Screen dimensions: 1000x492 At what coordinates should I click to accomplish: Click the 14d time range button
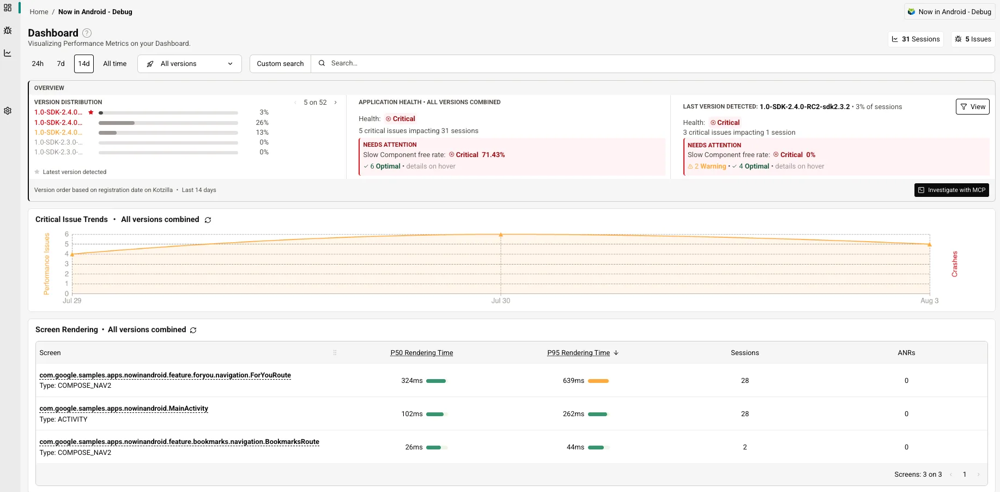click(x=84, y=64)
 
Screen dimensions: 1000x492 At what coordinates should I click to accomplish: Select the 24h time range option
click(x=38, y=64)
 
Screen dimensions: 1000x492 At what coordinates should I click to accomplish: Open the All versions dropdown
click(x=190, y=64)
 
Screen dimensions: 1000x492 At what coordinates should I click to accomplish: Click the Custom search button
click(x=280, y=64)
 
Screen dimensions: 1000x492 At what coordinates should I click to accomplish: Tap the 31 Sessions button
click(x=916, y=39)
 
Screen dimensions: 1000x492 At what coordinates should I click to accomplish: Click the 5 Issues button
click(x=973, y=39)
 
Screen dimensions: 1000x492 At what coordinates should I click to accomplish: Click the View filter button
click(x=973, y=107)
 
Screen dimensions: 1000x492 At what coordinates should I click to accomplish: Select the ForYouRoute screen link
click(x=165, y=375)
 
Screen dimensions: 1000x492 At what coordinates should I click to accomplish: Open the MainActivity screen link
click(x=124, y=409)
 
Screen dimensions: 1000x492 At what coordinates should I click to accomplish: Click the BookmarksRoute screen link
click(x=179, y=442)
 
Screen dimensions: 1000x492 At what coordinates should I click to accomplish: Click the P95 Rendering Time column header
click(x=579, y=353)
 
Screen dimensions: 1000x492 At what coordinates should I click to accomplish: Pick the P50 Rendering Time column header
click(x=422, y=353)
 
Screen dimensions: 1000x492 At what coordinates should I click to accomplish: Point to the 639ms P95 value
click(x=573, y=381)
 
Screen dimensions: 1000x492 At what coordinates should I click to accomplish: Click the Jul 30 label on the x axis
click(x=501, y=301)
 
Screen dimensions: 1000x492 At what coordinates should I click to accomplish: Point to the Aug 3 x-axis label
click(x=930, y=301)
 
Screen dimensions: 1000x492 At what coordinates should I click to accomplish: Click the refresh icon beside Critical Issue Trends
click(x=208, y=220)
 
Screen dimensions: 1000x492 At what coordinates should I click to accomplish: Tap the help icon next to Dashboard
click(x=87, y=33)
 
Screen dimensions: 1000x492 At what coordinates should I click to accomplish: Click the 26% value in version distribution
click(x=262, y=123)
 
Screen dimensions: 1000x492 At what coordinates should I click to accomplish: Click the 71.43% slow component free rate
click(x=493, y=155)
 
